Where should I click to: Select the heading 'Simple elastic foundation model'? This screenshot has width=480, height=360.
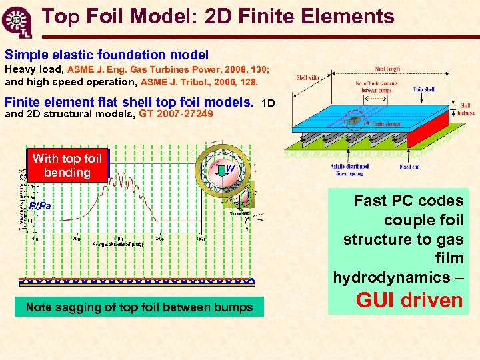tap(107, 55)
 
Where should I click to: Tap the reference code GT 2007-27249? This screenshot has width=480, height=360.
tap(176, 115)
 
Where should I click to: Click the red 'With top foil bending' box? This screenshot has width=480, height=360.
tap(67, 165)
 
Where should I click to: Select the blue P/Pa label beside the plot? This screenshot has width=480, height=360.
tap(40, 206)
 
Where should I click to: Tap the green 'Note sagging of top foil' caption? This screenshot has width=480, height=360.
tap(139, 307)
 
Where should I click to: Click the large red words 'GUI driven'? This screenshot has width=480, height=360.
tap(409, 300)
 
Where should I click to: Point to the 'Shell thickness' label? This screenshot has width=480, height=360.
tap(465, 109)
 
